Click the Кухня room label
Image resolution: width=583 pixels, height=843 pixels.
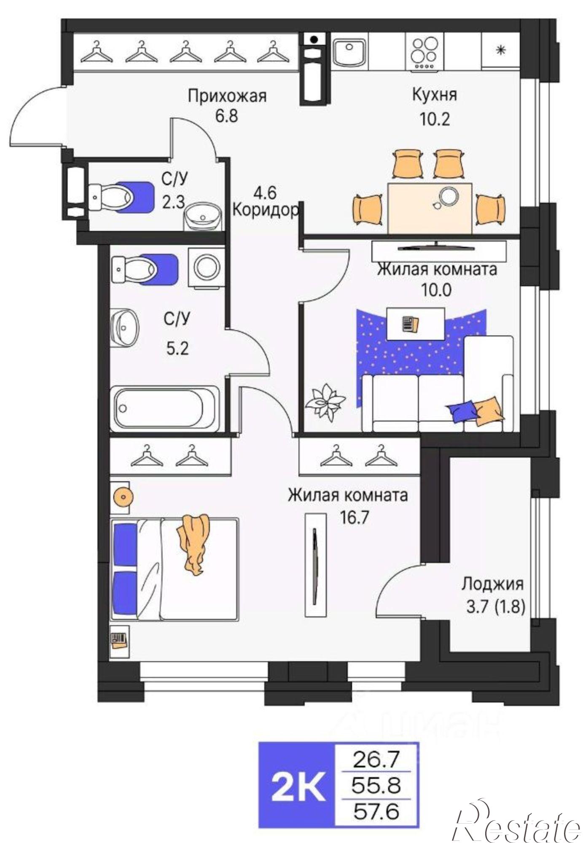pos(434,95)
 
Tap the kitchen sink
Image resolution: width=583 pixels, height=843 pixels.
pos(350,51)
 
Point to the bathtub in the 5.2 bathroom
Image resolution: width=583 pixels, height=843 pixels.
pos(164,408)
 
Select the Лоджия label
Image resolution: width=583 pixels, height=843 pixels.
pos(492,584)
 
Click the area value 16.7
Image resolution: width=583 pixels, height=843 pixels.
pos(355,517)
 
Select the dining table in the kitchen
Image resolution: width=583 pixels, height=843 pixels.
pos(430,207)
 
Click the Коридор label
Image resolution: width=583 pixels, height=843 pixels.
pos(266,209)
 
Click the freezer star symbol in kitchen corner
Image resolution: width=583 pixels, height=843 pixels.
pos(500,51)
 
